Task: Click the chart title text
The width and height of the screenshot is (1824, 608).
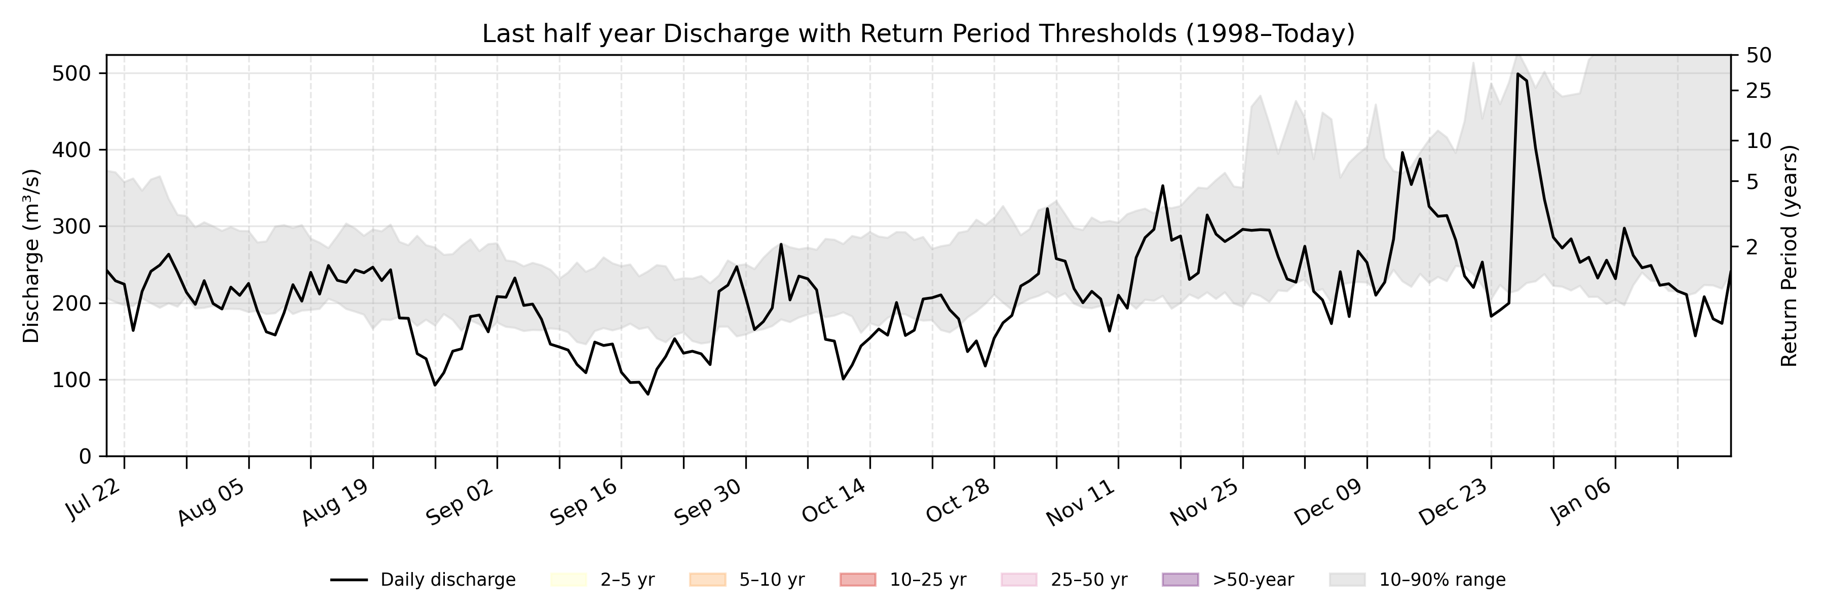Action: [x=918, y=33]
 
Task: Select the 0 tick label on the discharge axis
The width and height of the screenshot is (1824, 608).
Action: [x=85, y=457]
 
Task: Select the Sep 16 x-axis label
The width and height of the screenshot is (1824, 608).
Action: [x=585, y=502]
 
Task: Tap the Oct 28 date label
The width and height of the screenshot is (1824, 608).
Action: [x=957, y=502]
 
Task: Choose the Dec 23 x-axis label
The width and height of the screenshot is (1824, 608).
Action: [x=1454, y=502]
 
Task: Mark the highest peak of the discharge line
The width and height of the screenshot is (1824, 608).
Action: [x=1517, y=73]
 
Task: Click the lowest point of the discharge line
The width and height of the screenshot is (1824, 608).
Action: [x=648, y=394]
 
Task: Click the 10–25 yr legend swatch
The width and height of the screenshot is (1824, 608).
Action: [x=857, y=580]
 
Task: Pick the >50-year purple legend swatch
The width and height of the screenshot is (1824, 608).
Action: [x=1181, y=580]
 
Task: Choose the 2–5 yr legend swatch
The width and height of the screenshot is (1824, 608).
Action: [x=568, y=580]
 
